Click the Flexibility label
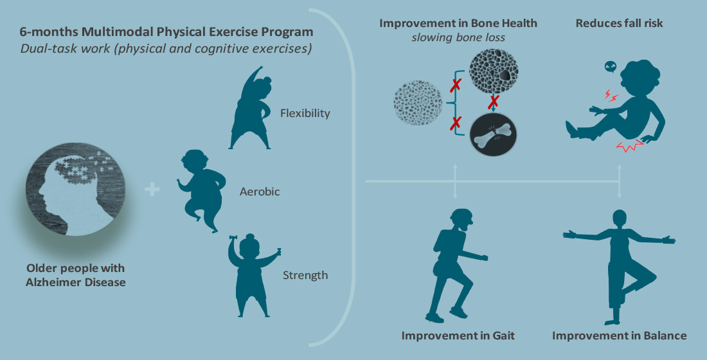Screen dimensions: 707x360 click(305, 113)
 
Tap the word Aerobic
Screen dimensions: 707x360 click(259, 192)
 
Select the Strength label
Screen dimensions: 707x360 click(305, 275)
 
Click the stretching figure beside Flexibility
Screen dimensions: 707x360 click(250, 108)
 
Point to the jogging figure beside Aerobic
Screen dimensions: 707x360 click(200, 190)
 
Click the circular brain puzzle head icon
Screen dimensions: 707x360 click(75, 189)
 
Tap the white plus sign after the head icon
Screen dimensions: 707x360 click(152, 190)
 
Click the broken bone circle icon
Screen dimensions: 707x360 click(493, 135)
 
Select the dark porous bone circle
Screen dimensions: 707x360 click(493, 71)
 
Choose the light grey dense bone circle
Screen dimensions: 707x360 click(418, 103)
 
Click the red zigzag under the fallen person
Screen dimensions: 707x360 click(626, 146)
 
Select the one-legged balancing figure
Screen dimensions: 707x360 click(618, 267)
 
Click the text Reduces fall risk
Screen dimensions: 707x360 click(619, 23)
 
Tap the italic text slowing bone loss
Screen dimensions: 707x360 click(458, 37)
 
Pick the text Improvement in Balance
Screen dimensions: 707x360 click(619, 336)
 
